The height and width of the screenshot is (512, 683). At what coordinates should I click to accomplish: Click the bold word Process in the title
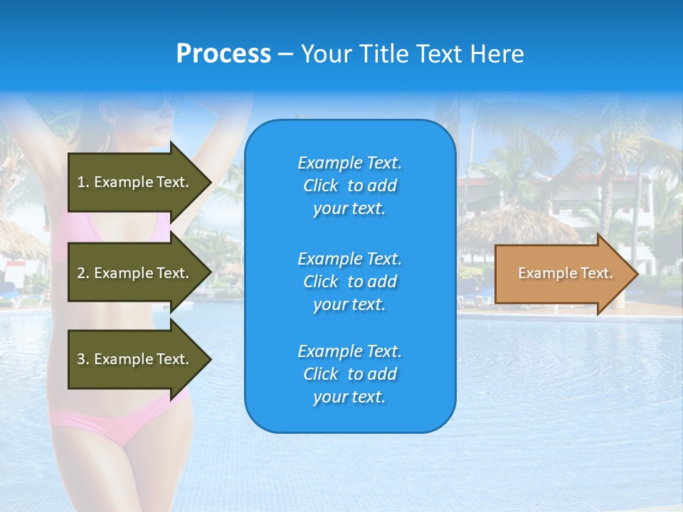point(223,54)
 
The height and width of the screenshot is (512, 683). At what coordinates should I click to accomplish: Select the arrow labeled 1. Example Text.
point(135,182)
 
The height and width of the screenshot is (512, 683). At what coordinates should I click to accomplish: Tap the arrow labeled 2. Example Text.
point(135,273)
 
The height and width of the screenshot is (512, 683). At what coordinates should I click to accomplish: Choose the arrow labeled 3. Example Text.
point(135,359)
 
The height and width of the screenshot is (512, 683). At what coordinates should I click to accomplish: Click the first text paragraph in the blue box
point(349,186)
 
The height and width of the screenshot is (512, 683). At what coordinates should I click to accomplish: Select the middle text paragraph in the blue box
point(349,282)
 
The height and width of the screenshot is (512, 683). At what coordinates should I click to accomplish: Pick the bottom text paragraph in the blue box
point(349,374)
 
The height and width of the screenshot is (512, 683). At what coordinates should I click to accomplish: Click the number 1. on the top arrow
point(83,182)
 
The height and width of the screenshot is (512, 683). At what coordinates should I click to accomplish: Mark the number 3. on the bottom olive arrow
point(83,359)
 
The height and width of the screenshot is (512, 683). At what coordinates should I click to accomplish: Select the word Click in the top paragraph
point(321,186)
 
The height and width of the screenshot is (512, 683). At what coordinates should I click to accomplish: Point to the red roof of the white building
point(484,182)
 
